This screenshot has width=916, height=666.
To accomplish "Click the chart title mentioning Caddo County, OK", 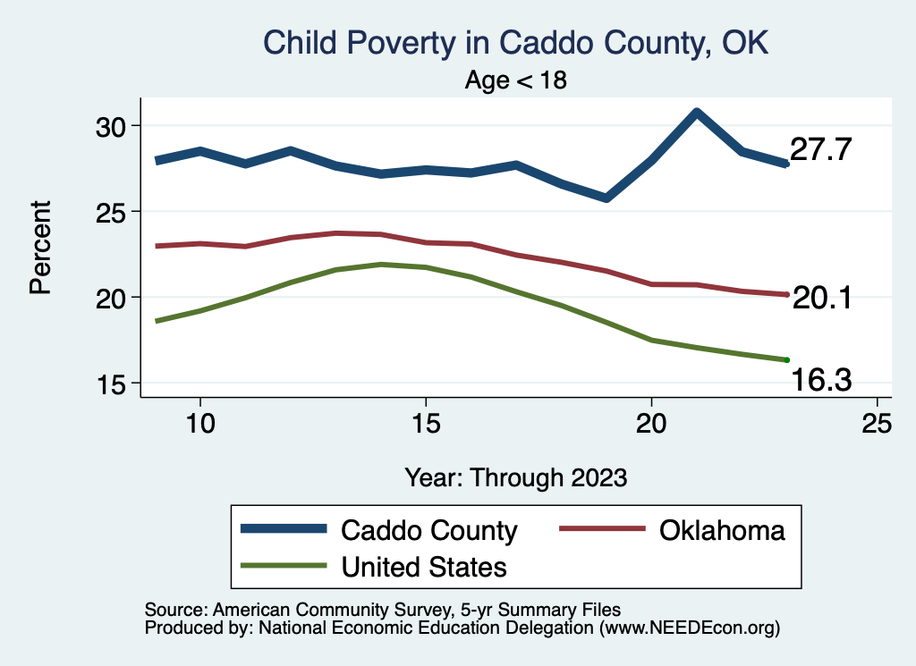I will (x=515, y=43).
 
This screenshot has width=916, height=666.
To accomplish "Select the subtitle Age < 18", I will (x=515, y=80).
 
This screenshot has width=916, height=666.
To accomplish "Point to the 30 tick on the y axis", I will (x=117, y=125).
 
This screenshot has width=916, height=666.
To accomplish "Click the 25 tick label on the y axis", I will (x=117, y=212).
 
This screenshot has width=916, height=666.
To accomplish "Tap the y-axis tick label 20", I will (x=117, y=298).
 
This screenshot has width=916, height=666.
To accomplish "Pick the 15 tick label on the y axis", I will (x=117, y=384).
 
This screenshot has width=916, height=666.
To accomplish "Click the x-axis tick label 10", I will (x=199, y=424).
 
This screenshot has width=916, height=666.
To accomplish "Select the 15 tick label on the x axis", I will (x=426, y=424).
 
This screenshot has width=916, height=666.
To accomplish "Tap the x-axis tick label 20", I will (x=651, y=424).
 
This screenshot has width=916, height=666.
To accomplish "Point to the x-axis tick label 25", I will (x=877, y=424).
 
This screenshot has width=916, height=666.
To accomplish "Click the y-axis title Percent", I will (x=39, y=248).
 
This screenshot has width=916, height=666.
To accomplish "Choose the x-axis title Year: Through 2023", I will (x=515, y=476).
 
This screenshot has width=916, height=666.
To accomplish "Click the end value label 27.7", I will (x=824, y=150).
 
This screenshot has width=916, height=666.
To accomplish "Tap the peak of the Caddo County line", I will (x=696, y=112).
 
